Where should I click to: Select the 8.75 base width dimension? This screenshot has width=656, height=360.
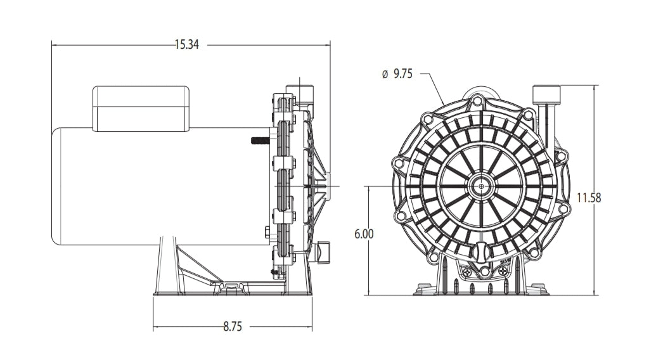(232, 327)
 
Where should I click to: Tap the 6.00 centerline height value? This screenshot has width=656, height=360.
(364, 233)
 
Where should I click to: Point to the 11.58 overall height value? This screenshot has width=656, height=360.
(588, 198)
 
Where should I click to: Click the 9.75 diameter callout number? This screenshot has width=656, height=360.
(403, 74)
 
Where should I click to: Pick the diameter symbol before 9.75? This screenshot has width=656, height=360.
(385, 74)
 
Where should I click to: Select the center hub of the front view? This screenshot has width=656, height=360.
(482, 186)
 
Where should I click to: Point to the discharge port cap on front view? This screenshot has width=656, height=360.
(546, 94)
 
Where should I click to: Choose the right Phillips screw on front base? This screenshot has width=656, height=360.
(502, 271)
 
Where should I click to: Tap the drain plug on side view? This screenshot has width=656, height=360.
(323, 252)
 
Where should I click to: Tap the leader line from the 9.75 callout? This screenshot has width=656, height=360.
(433, 84)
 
